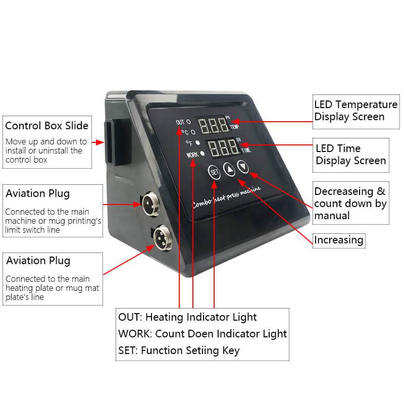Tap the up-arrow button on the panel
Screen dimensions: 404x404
229,170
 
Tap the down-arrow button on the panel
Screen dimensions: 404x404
243,166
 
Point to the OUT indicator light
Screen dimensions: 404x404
188,122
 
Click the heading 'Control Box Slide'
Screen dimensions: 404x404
46,125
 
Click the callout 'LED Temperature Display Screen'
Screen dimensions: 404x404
356,111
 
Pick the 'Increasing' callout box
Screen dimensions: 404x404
338,240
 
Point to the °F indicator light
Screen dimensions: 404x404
198,143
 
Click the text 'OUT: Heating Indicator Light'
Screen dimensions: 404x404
187,317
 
